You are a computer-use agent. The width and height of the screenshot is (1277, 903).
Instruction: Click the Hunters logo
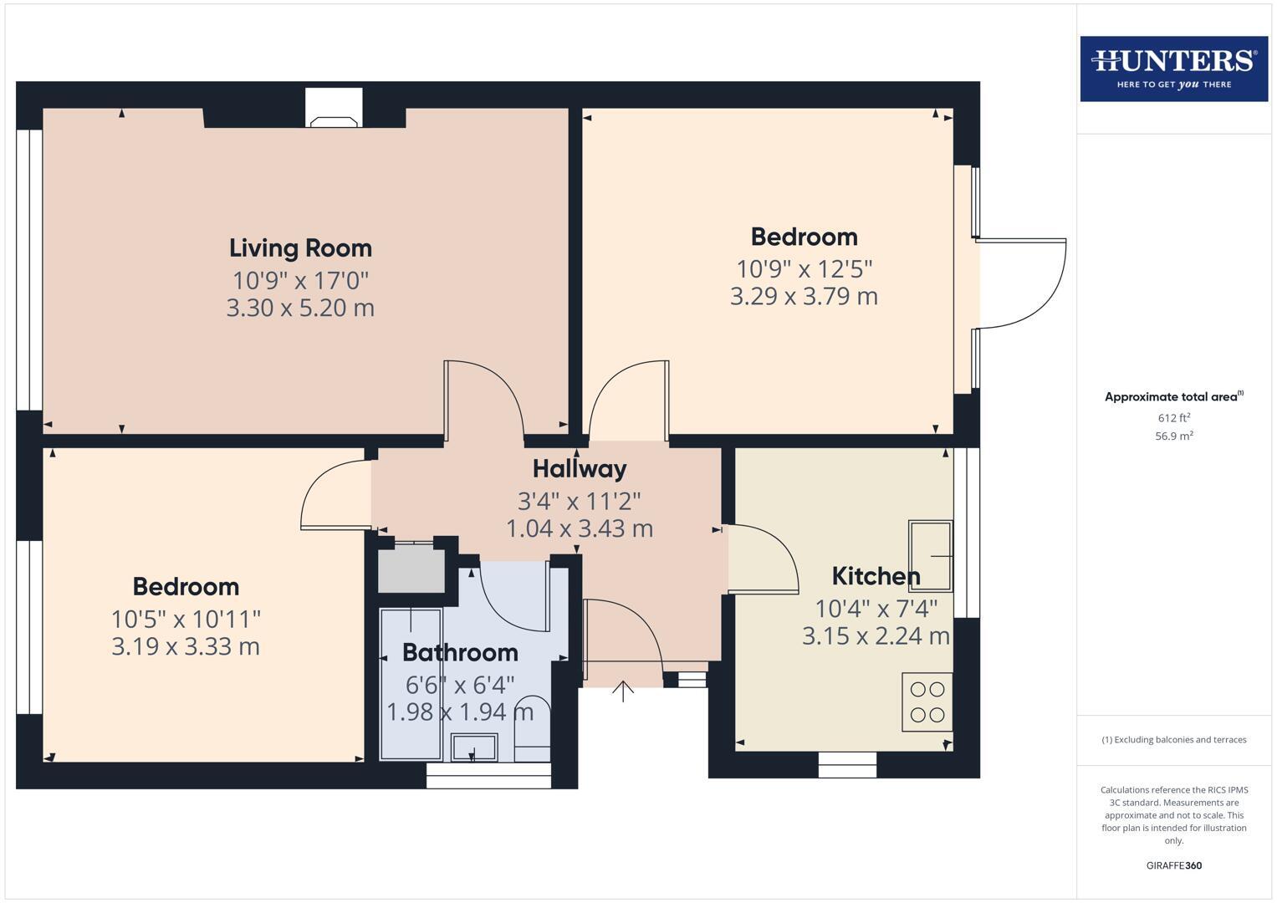pos(1173,69)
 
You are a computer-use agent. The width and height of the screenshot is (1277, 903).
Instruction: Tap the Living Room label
pos(300,248)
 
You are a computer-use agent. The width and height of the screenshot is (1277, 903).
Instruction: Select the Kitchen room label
pos(876,576)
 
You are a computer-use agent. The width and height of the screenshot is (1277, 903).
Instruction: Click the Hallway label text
pos(580,469)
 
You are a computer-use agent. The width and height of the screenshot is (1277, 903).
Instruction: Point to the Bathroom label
pos(460,652)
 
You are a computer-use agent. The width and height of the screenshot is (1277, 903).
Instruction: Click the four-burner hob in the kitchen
pos(927,702)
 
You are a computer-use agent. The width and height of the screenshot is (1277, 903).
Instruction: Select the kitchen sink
pos(930,555)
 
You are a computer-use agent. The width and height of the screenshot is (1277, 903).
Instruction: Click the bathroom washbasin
pos(474,747)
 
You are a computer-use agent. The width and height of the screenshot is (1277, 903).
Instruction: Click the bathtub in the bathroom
pos(410,684)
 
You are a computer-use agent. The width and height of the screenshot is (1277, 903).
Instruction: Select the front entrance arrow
pos(622,691)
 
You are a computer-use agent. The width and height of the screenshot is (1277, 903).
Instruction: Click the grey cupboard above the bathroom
pos(411,570)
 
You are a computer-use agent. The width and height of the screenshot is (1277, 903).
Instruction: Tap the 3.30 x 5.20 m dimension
pos(300,308)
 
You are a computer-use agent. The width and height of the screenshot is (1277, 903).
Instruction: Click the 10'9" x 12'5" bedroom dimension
pos(804,269)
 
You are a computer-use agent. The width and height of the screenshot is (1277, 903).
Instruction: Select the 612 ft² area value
pos(1173,418)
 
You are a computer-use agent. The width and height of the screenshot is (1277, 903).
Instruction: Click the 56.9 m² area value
pos(1173,436)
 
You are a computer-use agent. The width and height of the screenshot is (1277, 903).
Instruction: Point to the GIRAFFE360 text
pos(1173,865)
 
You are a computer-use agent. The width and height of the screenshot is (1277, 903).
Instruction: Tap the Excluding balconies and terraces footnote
pos(1173,740)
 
